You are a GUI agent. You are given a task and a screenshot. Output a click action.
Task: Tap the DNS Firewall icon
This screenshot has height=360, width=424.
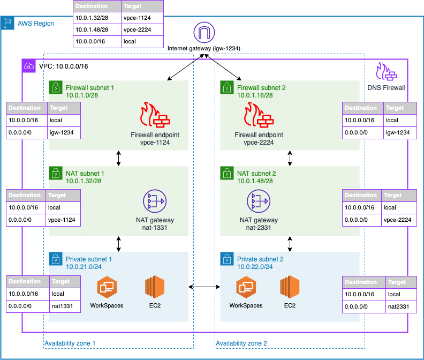coord(385,73)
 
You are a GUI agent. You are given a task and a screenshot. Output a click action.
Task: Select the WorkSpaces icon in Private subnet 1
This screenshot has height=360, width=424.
coord(107,288)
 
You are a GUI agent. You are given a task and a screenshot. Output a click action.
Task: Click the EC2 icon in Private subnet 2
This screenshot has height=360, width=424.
coord(290,288)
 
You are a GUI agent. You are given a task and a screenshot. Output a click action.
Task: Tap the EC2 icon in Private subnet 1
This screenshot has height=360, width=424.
coord(154,288)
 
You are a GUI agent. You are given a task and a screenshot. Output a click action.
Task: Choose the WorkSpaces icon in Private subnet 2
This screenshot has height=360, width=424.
coord(246,288)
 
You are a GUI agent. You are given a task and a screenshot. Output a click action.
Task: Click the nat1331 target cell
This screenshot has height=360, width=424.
coord(65,306)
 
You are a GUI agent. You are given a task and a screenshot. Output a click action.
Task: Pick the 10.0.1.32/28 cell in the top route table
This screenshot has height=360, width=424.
coord(96,18)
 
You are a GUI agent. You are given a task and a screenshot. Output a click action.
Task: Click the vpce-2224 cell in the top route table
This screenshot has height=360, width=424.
coord(142,30)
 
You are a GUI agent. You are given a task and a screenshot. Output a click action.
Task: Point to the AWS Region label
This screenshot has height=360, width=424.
coord(35,24)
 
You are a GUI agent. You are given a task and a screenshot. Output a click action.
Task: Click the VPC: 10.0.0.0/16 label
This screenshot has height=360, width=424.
coord(63,66)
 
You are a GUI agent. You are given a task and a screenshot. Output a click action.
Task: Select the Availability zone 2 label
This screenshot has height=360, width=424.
coord(241,343)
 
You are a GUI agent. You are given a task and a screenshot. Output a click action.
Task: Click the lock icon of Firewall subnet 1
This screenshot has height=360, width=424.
coord(55,87)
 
